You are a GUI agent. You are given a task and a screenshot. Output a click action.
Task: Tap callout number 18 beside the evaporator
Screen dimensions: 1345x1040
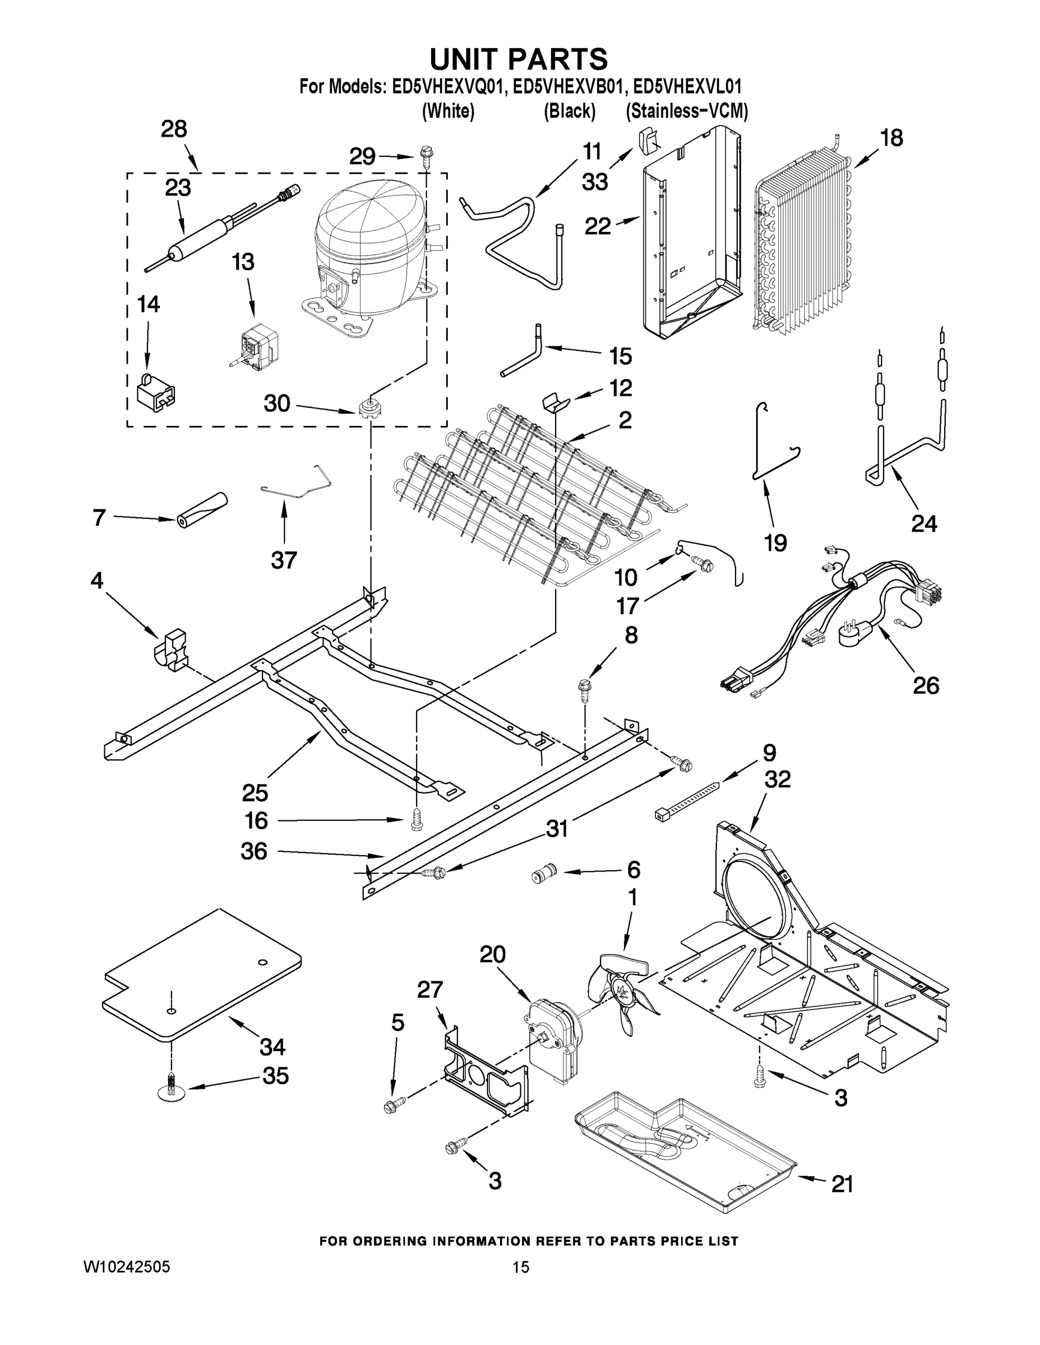(891, 138)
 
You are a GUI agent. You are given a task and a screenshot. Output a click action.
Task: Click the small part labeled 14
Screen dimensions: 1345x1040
(155, 392)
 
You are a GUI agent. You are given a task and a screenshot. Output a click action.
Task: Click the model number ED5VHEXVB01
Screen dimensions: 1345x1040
(569, 86)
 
